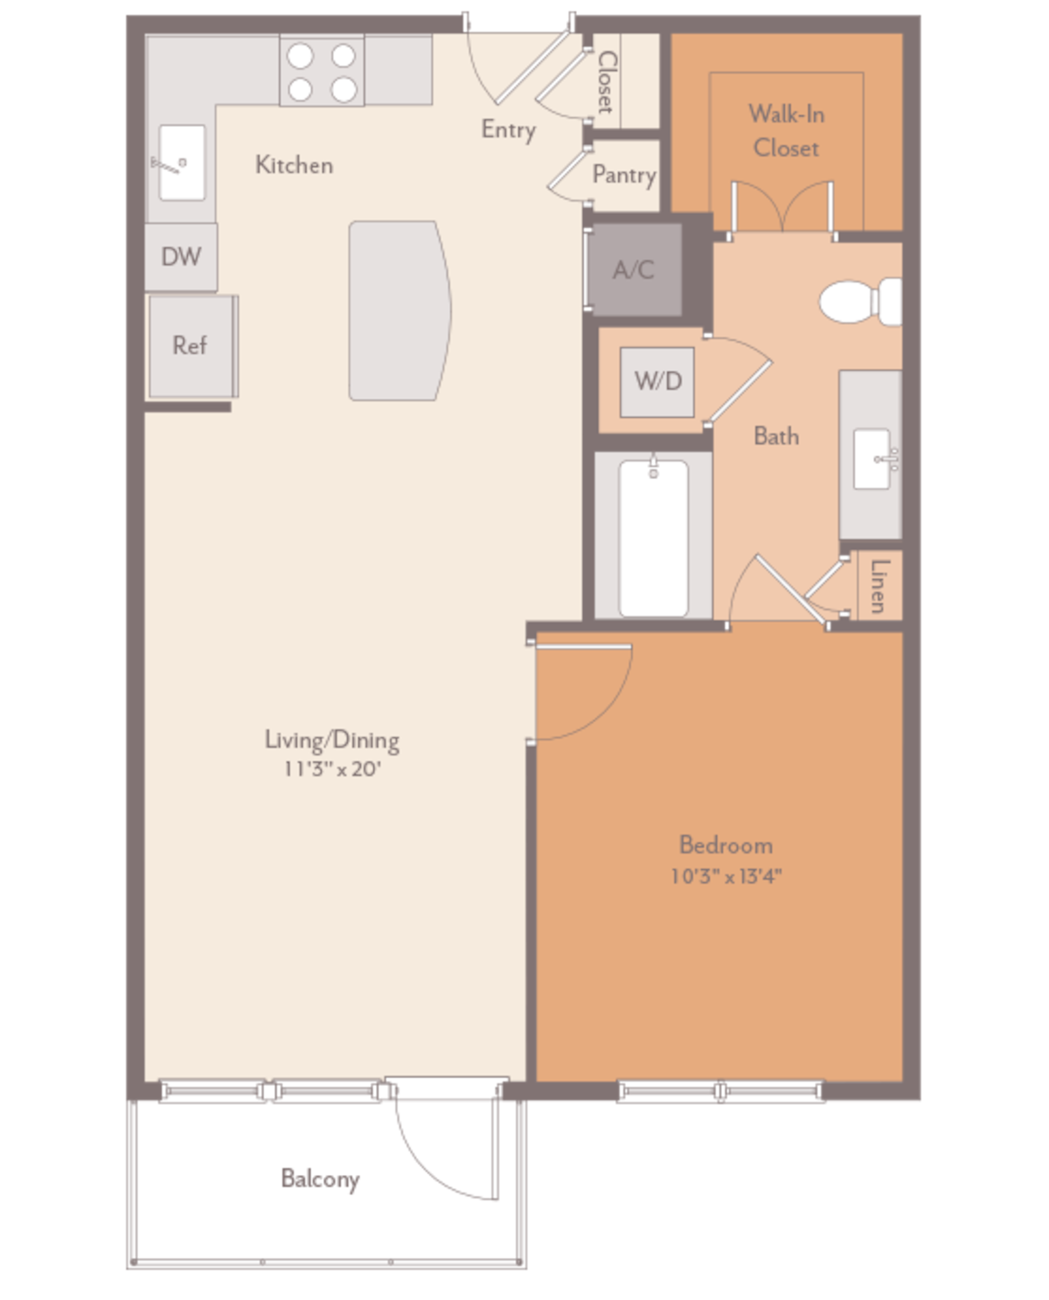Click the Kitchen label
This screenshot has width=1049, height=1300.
294,164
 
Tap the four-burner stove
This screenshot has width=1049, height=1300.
322,72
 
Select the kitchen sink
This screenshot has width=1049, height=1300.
182,162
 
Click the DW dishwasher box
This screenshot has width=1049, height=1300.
181,257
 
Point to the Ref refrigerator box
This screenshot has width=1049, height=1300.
190,346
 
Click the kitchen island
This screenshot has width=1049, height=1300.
398,310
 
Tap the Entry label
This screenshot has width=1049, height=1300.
508,129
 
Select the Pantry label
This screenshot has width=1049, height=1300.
623,175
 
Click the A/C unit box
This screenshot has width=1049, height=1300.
634,269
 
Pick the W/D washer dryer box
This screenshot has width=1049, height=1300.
657,381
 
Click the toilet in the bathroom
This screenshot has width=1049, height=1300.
860,301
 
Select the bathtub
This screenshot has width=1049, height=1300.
653,538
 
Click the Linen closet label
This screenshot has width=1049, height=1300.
879,585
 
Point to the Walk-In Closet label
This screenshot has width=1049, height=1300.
785,131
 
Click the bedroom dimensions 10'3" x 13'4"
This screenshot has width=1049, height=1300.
726,876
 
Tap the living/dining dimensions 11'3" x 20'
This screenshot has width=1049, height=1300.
331,770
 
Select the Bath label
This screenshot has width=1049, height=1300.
776,435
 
